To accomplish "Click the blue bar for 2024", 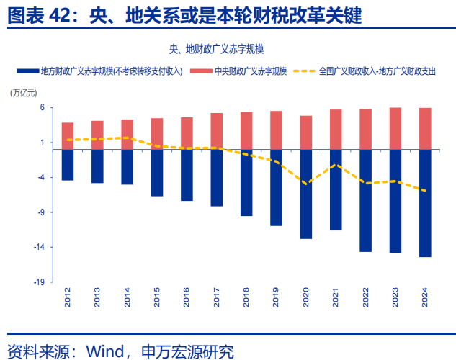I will [x=425, y=203].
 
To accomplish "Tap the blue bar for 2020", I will [x=306, y=194].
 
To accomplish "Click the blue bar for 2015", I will [x=157, y=173].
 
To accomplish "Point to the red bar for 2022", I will [x=365, y=130].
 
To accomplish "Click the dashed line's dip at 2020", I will [x=306, y=184].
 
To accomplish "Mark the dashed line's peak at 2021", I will [x=336, y=165].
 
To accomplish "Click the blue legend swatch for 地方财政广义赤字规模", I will [x=27, y=72].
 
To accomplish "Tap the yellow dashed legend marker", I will [x=303, y=72].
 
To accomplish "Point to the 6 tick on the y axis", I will [x=42, y=107].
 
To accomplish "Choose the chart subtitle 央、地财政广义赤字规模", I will [x=216, y=49].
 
